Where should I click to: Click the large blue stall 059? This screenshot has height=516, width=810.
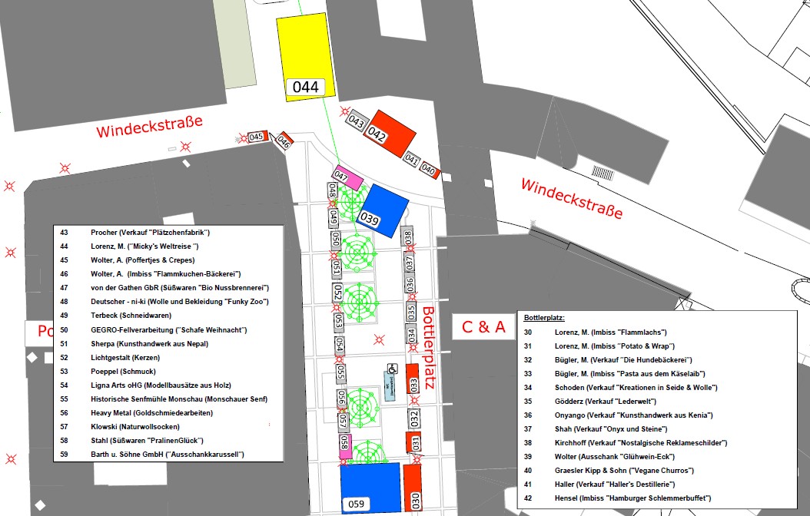pyautogui.click(x=370, y=487)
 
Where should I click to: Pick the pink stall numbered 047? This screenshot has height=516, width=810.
pyautogui.click(x=347, y=176)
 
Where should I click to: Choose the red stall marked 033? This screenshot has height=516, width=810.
pyautogui.click(x=413, y=382)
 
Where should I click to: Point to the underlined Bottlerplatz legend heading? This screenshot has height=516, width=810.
pyautogui.click(x=544, y=317)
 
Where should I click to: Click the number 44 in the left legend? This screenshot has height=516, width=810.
pyautogui.click(x=64, y=246)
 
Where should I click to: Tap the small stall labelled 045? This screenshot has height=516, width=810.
pyautogui.click(x=257, y=137)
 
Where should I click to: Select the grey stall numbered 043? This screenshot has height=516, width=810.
pyautogui.click(x=356, y=121)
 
